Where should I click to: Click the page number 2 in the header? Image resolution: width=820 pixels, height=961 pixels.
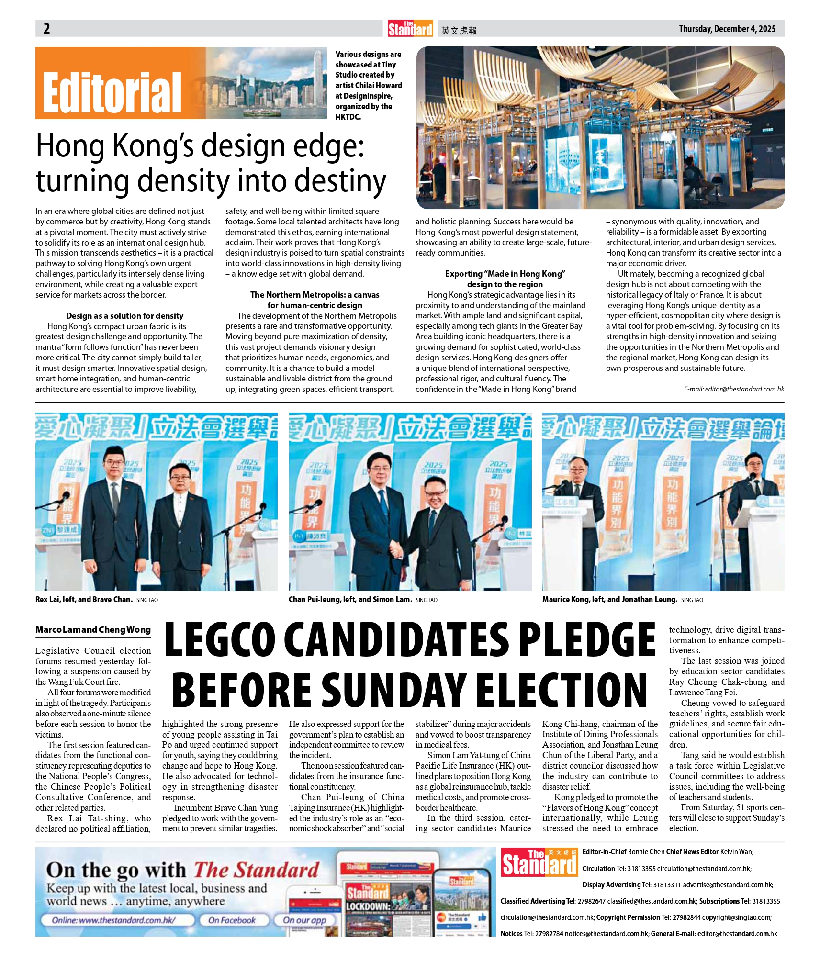tap(46, 29)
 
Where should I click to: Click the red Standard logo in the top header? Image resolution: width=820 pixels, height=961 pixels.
tap(410, 29)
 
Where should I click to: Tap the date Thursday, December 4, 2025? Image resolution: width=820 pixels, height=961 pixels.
tap(727, 29)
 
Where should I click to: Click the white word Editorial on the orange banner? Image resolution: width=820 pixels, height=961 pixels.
tap(112, 93)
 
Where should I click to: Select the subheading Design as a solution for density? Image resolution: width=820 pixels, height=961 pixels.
tap(124, 316)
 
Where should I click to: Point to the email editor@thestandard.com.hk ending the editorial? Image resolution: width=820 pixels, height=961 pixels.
tap(734, 389)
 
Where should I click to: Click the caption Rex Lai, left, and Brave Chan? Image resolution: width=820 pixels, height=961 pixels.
tap(84, 599)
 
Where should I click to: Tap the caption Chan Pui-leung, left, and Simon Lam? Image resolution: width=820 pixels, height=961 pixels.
tap(350, 599)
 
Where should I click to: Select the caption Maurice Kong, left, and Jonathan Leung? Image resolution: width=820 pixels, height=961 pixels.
tap(609, 599)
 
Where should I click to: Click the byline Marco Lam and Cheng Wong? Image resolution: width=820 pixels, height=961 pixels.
tap(93, 630)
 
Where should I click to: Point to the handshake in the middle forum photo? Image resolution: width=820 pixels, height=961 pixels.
tap(397, 548)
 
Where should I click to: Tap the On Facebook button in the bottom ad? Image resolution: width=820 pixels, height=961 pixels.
tap(232, 920)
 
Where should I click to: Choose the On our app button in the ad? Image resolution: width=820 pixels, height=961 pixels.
tap(304, 920)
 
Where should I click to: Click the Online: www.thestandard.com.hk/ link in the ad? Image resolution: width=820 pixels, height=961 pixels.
tap(114, 920)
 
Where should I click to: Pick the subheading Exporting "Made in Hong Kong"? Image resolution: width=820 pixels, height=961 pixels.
tap(505, 274)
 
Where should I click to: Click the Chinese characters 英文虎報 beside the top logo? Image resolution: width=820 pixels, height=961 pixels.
tap(459, 31)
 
